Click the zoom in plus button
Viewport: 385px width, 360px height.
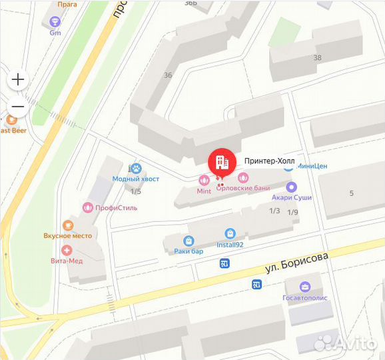click(x=18, y=80)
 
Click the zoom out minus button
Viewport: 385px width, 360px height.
click(x=18, y=107)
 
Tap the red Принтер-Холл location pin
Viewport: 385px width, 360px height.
click(x=222, y=162)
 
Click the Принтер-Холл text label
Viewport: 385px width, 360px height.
click(x=269, y=161)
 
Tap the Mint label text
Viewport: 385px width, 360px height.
click(x=204, y=191)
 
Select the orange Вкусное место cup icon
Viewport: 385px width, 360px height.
click(x=67, y=225)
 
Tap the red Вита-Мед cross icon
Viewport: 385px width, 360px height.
click(x=67, y=251)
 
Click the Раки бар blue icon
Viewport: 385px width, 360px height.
click(x=189, y=241)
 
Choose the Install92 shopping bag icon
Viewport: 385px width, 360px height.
click(x=230, y=234)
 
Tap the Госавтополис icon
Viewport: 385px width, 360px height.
click(x=305, y=287)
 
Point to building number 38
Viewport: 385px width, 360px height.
click(x=317, y=57)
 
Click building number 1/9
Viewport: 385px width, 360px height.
click(x=292, y=212)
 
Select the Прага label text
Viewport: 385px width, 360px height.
click(x=67, y=4)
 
